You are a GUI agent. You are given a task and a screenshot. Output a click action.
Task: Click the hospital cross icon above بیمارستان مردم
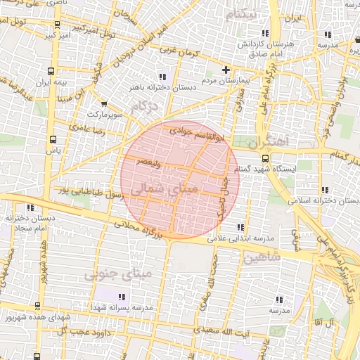click(225, 70)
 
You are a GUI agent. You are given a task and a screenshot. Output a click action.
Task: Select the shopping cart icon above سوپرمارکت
click(105, 103)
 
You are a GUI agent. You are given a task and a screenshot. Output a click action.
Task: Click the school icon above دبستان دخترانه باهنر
click(162, 76)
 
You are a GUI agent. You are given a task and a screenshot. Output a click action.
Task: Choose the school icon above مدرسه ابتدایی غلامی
click(241, 227)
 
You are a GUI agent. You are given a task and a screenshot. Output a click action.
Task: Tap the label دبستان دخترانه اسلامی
click(324, 201)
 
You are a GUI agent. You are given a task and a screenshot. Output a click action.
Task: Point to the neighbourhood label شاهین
click(262, 257)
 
